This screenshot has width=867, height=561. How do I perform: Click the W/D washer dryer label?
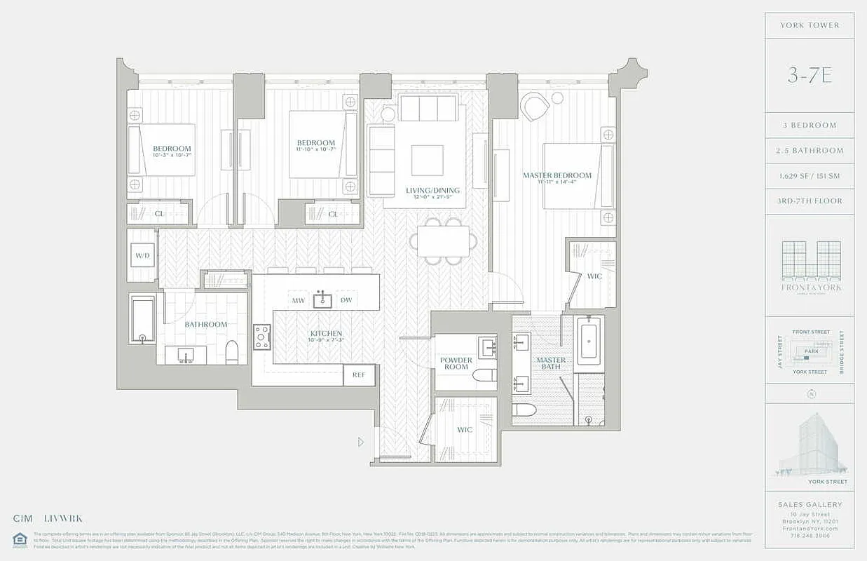142,255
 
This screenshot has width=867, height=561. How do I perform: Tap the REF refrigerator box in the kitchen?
359,375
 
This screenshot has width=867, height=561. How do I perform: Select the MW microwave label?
298,301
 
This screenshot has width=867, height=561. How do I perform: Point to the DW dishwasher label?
346,301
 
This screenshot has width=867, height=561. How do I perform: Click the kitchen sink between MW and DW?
322,299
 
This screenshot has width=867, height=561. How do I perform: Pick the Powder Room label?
456,363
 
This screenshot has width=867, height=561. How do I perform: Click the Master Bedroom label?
557,175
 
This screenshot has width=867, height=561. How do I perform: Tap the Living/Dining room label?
432,190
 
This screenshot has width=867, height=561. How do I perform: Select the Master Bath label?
551,363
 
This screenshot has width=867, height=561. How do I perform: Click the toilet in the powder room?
484,375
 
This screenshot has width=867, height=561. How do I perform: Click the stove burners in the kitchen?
262,337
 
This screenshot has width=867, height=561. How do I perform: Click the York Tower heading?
810,25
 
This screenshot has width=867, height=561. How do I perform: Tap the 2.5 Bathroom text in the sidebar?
810,151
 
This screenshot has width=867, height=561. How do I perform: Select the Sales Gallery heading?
810,504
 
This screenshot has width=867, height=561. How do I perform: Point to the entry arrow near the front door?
361,442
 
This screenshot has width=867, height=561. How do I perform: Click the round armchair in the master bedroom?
535,106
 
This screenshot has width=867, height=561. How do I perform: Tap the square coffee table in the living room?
427,160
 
